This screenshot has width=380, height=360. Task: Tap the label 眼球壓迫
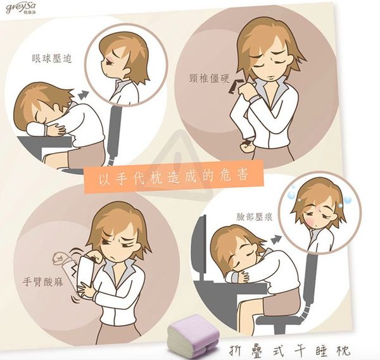coord(52,59)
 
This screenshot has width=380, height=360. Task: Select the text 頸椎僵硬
coord(209,78)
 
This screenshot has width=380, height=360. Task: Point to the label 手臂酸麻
coord(42,282)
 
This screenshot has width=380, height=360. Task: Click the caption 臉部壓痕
coord(255,216)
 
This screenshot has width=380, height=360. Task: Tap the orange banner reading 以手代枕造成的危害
coord(174,177)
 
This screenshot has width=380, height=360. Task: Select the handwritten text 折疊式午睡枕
coord(289,350)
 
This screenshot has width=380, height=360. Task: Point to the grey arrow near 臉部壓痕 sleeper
coord(275,239)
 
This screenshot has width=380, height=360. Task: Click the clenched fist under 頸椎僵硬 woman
coord(246,146)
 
